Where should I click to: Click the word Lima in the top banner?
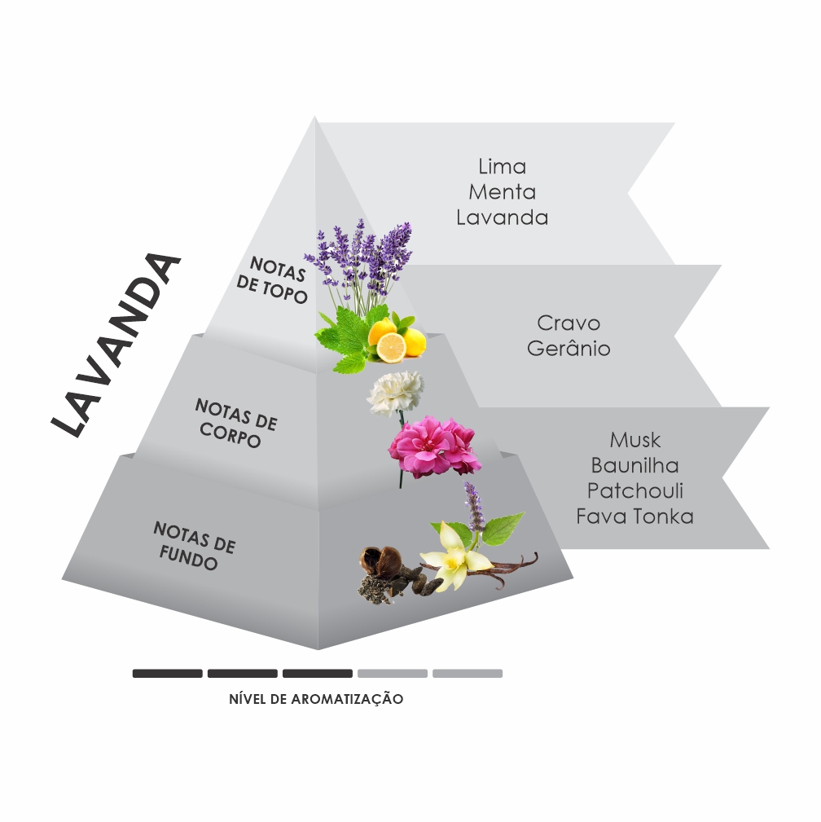click(502, 166)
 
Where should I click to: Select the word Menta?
click(502, 192)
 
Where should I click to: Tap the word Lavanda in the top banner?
click(502, 217)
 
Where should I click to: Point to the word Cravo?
click(569, 323)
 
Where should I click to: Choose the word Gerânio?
click(569, 348)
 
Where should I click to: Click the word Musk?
click(634, 440)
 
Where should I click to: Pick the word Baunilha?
click(634, 465)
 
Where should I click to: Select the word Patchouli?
click(634, 490)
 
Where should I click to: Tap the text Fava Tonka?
click(634, 516)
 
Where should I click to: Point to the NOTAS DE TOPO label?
click(271, 279)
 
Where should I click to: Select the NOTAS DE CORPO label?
click(235, 423)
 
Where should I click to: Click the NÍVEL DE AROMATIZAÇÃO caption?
click(316, 699)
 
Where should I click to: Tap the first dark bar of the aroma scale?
click(167, 674)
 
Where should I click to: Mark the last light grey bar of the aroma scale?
click(468, 674)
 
